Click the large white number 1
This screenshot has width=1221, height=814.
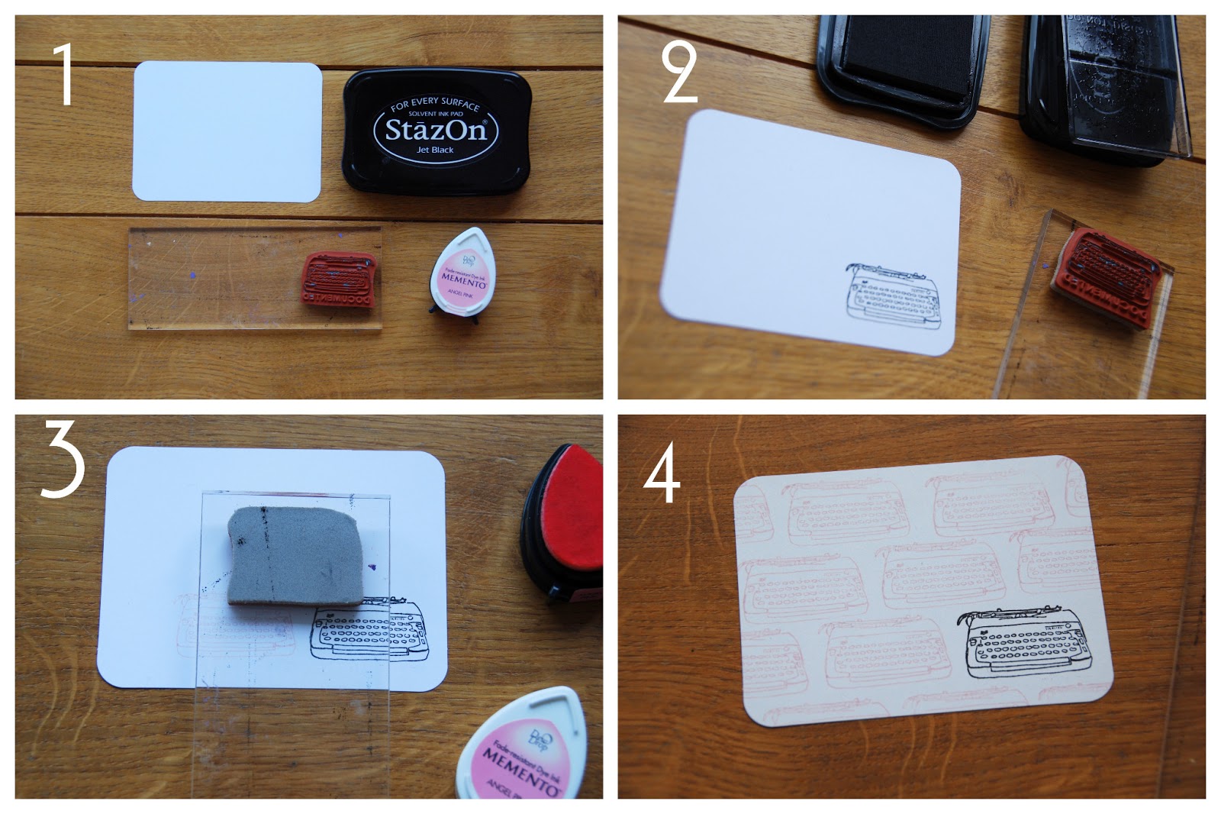pyautogui.click(x=63, y=74)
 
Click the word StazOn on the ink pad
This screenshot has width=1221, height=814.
pyautogui.click(x=436, y=130)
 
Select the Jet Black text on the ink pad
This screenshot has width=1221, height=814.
pyautogui.click(x=435, y=150)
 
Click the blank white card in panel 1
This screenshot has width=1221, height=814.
pyautogui.click(x=227, y=131)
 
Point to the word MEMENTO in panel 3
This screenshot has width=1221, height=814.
pyautogui.click(x=520, y=764)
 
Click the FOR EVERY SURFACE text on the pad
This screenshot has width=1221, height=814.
pyautogui.click(x=434, y=104)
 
